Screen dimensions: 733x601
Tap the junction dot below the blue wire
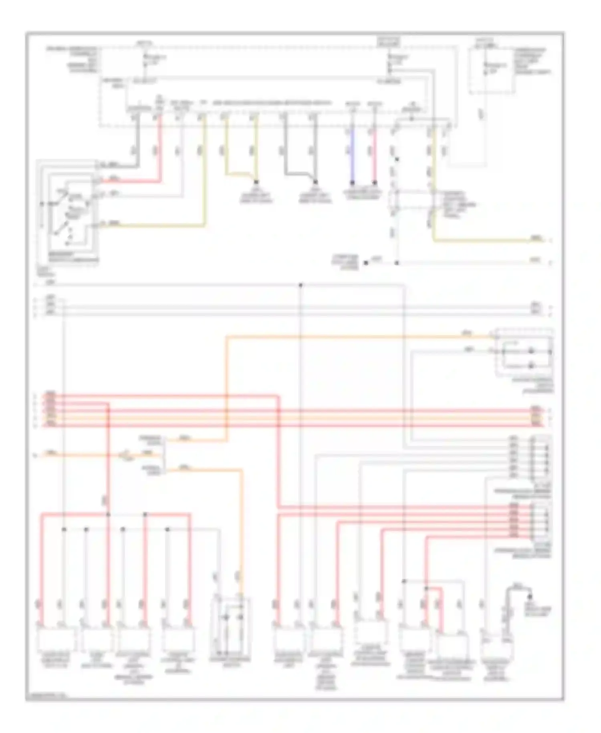click(x=353, y=183)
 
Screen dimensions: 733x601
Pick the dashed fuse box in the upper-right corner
click(x=492, y=70)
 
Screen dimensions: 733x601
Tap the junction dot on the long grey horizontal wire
click(x=300, y=285)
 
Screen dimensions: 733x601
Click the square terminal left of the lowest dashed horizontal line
click(x=366, y=263)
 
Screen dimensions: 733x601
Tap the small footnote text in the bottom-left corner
click(x=46, y=696)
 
